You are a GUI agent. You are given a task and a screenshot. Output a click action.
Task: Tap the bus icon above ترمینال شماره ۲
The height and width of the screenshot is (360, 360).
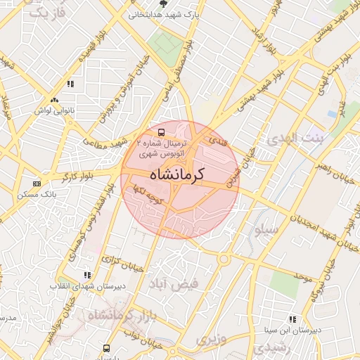coord(162,131)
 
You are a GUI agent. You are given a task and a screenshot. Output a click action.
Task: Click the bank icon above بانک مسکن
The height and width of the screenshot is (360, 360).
coord(37,184)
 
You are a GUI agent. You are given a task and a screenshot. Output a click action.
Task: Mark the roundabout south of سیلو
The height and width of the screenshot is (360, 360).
coord(224,259)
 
